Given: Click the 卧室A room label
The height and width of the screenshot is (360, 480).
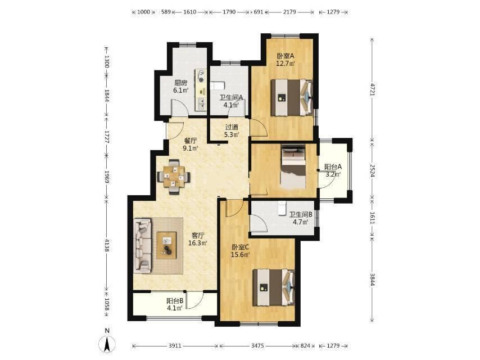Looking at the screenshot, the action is (x=286, y=56).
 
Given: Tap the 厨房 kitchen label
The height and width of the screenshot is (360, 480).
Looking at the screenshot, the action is (x=180, y=83).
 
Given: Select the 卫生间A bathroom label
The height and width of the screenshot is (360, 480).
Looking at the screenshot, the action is (x=231, y=97).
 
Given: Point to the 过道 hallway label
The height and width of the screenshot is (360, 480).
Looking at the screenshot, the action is (x=232, y=127).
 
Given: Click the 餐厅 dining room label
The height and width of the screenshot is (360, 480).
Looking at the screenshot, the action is (x=190, y=141).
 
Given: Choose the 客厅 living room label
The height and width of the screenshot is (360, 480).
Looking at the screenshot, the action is (x=198, y=236).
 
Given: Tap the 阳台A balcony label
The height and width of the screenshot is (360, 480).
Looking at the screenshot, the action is (x=333, y=167).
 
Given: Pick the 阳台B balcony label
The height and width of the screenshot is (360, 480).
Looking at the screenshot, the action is (x=175, y=301).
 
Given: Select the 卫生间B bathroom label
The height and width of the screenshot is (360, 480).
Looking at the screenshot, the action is (x=301, y=214).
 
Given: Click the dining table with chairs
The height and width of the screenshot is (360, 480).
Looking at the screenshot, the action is (x=174, y=177).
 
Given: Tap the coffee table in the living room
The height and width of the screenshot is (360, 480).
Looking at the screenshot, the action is (x=166, y=245).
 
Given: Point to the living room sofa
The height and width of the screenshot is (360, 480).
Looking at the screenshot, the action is (x=143, y=245).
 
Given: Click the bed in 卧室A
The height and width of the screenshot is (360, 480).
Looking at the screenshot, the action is (x=292, y=97).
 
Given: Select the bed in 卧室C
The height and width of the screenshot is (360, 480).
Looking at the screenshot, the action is (x=274, y=287).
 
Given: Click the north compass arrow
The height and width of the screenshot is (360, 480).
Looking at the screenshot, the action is (x=107, y=344).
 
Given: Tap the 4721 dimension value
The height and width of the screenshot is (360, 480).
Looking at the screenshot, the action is (x=372, y=89).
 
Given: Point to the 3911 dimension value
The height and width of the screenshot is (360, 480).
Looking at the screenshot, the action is (x=175, y=345).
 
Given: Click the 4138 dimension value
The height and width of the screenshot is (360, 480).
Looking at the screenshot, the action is (x=107, y=245).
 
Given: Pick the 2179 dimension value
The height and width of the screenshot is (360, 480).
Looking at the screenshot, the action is (x=289, y=12).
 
